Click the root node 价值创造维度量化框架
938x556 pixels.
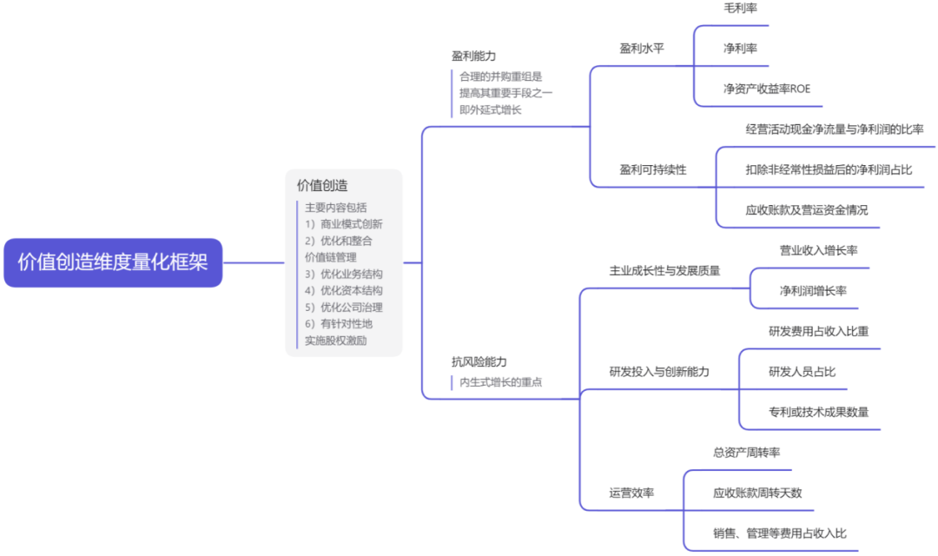tap(113, 262)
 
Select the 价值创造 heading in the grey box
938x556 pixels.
tap(322, 185)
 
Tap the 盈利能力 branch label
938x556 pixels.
tap(473, 56)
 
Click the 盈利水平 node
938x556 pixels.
tap(642, 49)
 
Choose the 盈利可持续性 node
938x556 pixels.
tap(652, 169)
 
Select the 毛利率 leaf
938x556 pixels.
tap(740, 8)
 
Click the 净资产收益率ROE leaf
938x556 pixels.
tap(767, 89)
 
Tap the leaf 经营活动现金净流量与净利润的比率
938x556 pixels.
tap(834, 129)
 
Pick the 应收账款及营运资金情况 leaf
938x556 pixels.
tap(806, 209)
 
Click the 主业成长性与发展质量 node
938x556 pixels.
tap(664, 270)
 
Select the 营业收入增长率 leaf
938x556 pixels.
tap(818, 250)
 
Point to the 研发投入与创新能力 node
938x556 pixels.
tap(659, 372)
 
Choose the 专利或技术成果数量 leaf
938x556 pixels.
tap(818, 412)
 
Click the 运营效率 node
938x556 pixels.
tap(631, 493)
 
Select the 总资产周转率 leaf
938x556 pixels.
tap(746, 453)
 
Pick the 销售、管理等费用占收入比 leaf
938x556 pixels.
tap(779, 533)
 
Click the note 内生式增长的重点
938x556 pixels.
tap(501, 382)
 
